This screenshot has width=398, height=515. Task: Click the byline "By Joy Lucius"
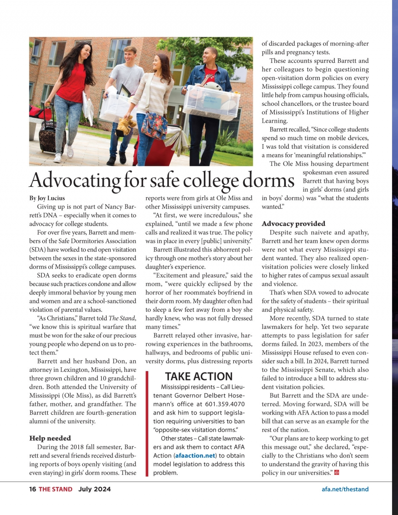coord(47,198)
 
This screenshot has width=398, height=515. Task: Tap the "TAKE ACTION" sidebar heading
coord(199,376)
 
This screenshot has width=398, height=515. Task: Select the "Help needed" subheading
coord(50,438)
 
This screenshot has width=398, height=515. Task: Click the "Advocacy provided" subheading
coord(293,224)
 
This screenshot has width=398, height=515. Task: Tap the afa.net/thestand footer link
coord(345,489)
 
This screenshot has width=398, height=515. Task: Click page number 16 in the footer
coord(33,489)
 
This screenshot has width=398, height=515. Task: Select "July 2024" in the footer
coord(95,489)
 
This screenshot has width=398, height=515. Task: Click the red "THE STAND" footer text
coord(55,489)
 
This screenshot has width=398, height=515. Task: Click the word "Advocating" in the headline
coord(75,181)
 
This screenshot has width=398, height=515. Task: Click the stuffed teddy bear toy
coord(126,125)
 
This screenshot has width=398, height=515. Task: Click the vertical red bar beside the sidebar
coord(147,424)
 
